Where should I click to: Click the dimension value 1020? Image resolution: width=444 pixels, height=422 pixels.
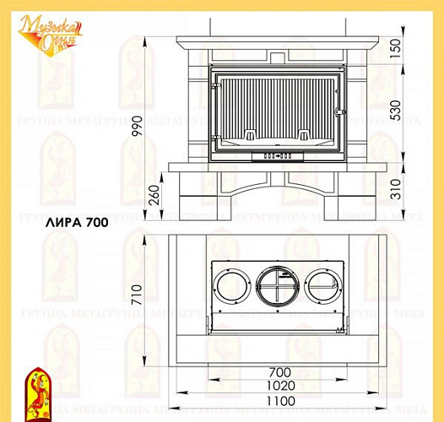pos(279,387)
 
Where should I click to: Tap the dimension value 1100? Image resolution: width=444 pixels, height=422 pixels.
pos(279,401)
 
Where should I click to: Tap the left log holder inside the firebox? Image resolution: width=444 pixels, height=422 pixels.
pos(251,135)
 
